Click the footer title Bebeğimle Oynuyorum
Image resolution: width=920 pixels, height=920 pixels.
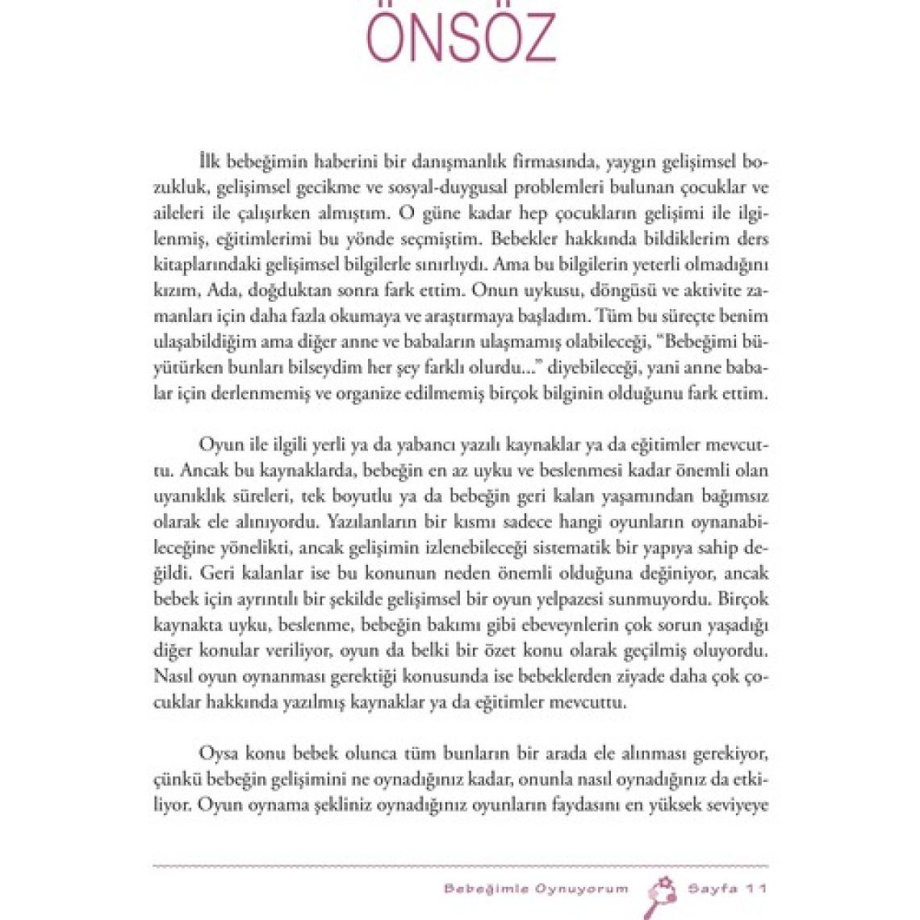point(535,889)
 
